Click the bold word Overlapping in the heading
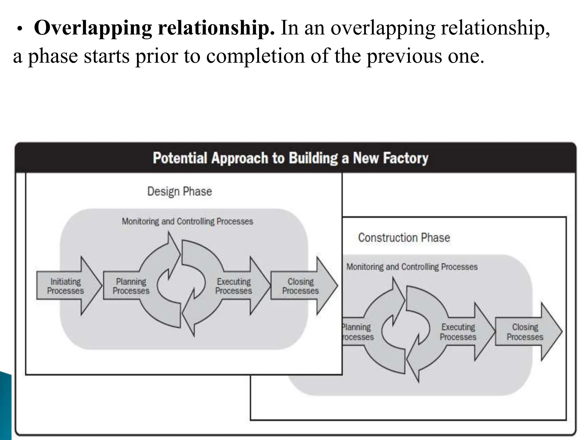(93, 28)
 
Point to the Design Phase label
(179, 191)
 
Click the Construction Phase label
(404, 238)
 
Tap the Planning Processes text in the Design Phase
(131, 286)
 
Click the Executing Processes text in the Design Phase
(233, 286)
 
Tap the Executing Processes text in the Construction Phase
(458, 332)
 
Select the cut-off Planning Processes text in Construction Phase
(358, 332)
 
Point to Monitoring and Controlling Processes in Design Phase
(187, 221)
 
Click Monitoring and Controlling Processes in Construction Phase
(412, 267)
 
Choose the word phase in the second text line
(53, 56)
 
